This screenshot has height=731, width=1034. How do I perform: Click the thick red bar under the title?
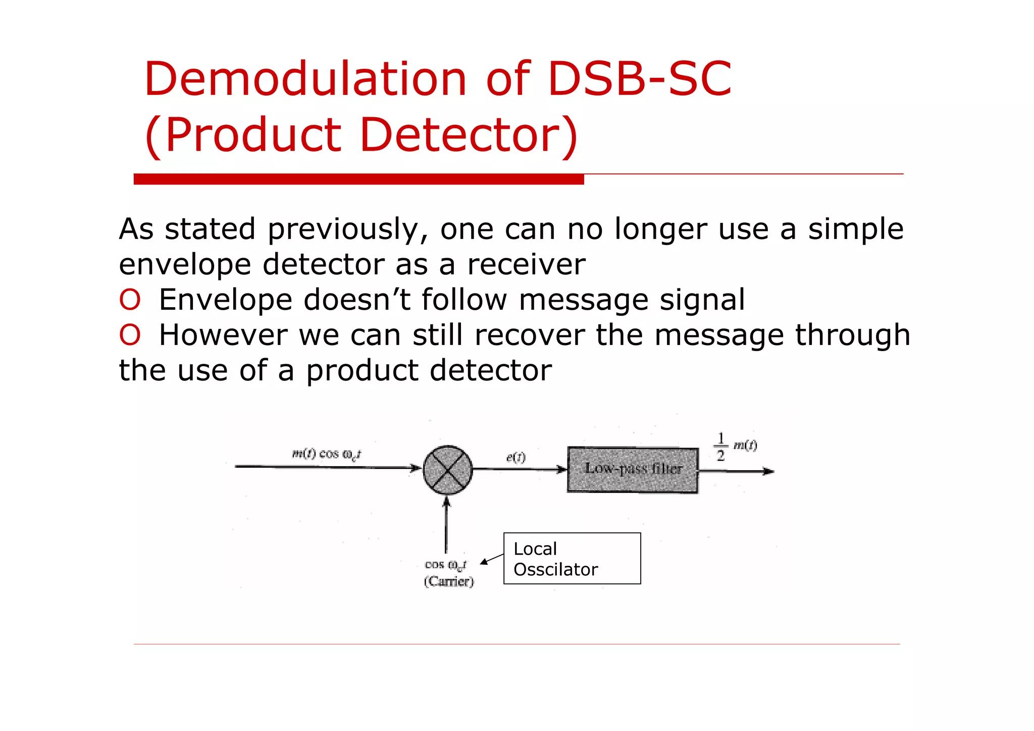pyautogui.click(x=358, y=179)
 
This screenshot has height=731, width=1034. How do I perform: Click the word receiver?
pyautogui.click(x=526, y=265)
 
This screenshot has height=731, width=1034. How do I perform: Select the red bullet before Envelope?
pyautogui.click(x=130, y=300)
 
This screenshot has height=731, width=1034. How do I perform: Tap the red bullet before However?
pyautogui.click(x=130, y=335)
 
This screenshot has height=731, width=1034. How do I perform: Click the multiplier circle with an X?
pyautogui.click(x=447, y=470)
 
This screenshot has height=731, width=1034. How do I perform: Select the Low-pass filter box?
pyautogui.click(x=633, y=470)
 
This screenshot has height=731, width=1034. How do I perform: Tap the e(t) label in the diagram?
pyautogui.click(x=515, y=457)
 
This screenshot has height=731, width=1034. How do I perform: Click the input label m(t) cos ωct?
pyautogui.click(x=327, y=454)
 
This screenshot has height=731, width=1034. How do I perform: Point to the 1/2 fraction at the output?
pyautogui.click(x=720, y=447)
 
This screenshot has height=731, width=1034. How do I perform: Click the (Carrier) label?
pyautogui.click(x=449, y=581)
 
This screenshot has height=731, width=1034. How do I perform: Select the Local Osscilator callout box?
pyautogui.click(x=572, y=558)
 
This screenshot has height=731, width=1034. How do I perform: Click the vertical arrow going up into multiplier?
pyautogui.click(x=446, y=525)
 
